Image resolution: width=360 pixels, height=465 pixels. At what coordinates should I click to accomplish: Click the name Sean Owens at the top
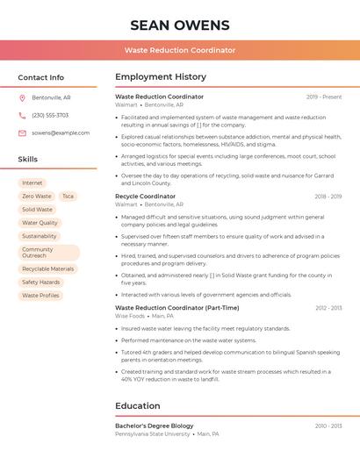tap(179, 25)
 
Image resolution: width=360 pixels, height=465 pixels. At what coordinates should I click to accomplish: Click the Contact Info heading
tap(40, 77)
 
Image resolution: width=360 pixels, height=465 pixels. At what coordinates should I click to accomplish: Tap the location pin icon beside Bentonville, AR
tap(22, 97)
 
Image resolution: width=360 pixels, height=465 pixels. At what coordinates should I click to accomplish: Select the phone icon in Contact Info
tap(22, 115)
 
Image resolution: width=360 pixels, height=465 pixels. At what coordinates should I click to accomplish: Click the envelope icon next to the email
tap(22, 132)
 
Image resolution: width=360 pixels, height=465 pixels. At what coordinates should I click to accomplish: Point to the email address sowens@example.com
tap(61, 132)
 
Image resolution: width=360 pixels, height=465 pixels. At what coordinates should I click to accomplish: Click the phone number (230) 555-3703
tap(50, 115)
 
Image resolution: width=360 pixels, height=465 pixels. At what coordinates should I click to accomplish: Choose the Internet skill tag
tap(32, 183)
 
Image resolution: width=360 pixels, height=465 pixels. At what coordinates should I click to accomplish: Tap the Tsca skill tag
tap(68, 197)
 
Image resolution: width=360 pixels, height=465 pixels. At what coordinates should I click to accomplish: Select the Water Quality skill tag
tap(40, 223)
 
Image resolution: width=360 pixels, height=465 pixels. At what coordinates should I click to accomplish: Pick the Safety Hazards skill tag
tap(40, 283)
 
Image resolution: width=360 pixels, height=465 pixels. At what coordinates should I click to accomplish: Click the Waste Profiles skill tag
tap(40, 296)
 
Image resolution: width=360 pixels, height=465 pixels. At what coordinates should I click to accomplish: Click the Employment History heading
tap(160, 77)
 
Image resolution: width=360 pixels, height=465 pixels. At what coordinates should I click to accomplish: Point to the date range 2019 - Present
tap(324, 97)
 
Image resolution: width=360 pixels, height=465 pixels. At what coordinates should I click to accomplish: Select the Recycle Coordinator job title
tap(145, 197)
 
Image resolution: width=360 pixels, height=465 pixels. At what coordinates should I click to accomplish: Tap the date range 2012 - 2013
tap(328, 308)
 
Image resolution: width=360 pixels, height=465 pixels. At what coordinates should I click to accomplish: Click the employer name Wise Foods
tap(130, 316)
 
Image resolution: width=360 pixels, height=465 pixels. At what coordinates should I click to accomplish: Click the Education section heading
tap(139, 406)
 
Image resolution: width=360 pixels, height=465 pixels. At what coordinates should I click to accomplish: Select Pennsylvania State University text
tap(152, 433)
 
